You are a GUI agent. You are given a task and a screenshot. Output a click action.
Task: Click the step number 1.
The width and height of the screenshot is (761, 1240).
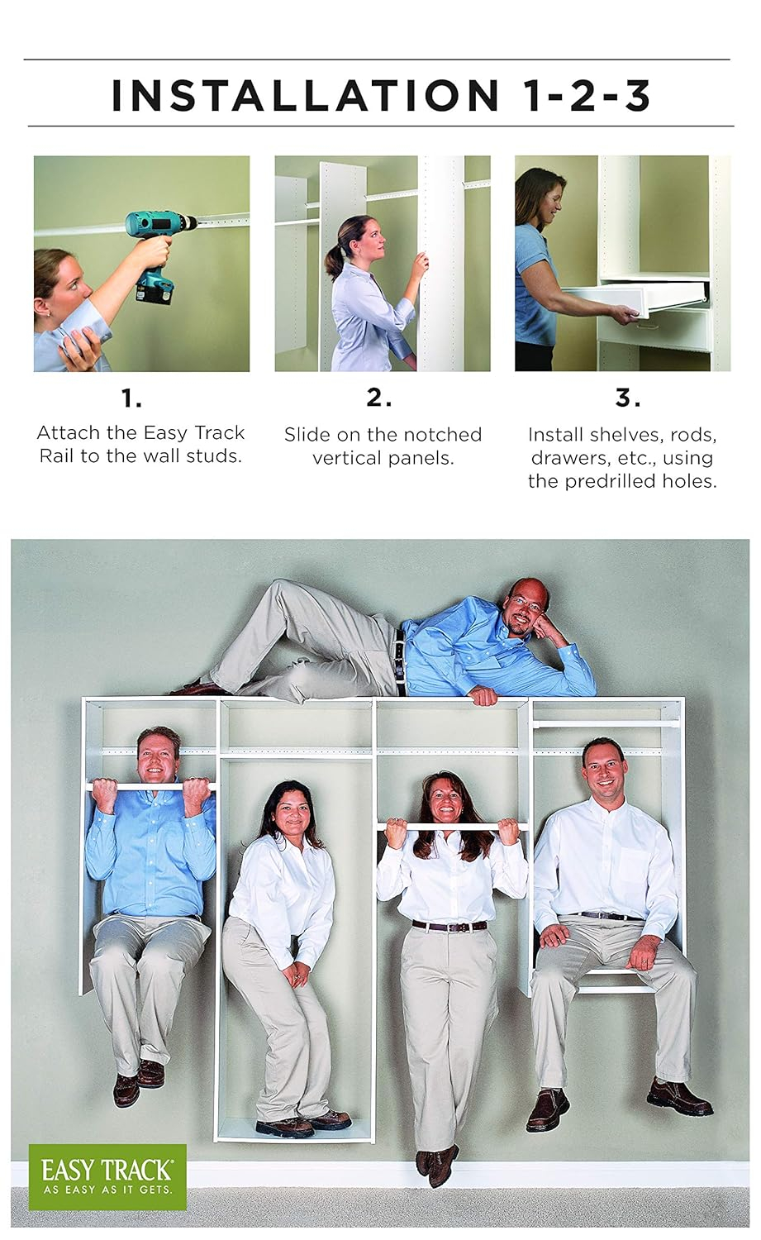(131, 398)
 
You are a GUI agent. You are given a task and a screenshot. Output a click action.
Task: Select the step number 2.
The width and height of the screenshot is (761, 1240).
(379, 398)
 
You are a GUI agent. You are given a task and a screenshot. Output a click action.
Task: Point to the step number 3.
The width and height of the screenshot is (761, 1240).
(628, 398)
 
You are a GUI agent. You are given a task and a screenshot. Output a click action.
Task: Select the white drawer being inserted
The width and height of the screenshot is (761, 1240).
(636, 300)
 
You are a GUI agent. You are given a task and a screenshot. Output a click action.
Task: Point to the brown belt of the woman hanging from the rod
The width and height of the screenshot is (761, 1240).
(449, 926)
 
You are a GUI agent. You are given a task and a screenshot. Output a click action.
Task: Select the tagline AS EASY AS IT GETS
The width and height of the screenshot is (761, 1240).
(107, 1189)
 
